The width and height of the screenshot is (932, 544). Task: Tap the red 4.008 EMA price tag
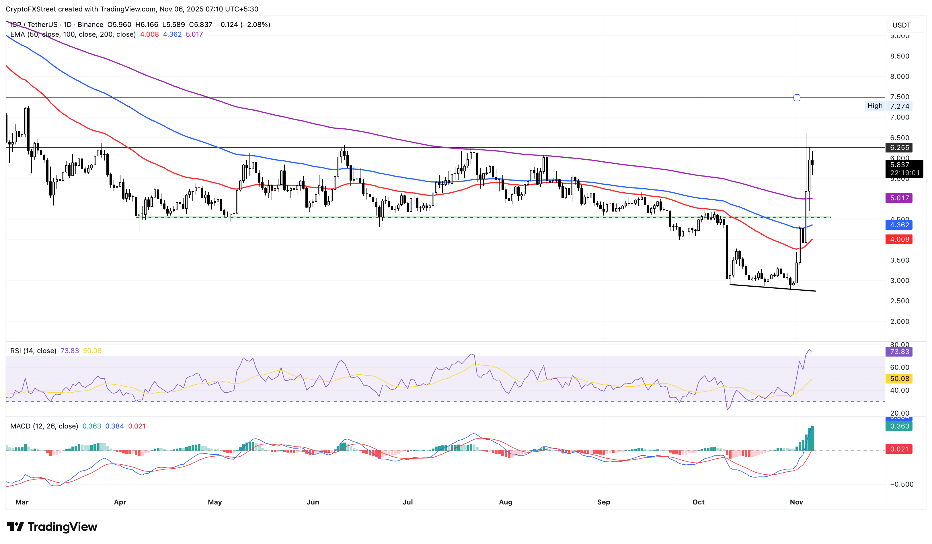click(x=899, y=240)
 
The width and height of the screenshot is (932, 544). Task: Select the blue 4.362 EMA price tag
click(x=899, y=225)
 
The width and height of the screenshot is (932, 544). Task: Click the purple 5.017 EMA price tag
click(x=899, y=198)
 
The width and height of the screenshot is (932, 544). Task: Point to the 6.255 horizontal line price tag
click(x=899, y=147)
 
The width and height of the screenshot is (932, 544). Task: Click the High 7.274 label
click(x=888, y=106)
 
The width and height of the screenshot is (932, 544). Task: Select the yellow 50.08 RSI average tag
click(x=899, y=379)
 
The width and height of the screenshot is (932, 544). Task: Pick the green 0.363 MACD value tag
click(x=899, y=426)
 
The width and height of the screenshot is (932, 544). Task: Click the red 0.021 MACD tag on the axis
click(x=899, y=449)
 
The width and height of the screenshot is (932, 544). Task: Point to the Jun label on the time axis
click(x=313, y=502)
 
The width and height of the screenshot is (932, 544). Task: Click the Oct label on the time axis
click(x=698, y=502)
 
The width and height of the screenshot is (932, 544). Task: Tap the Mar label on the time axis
click(x=22, y=502)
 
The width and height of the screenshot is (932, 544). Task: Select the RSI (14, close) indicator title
click(x=33, y=351)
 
